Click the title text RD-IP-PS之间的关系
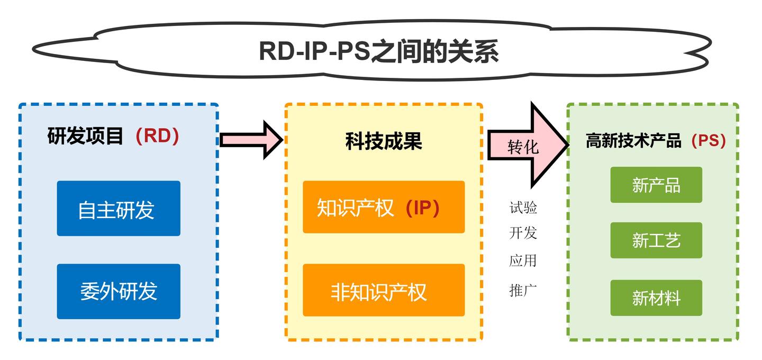[x=378, y=51]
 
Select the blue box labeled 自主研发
[x=119, y=209]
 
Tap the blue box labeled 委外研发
[x=119, y=291]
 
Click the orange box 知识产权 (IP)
[x=383, y=208]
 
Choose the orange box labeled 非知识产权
[x=383, y=291]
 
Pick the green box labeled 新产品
[x=656, y=185]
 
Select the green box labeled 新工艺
[x=656, y=240]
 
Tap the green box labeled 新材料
[x=656, y=298]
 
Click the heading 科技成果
[x=384, y=141]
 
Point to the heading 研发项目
[x=86, y=136]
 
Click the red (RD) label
[x=157, y=136]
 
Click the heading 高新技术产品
[x=633, y=141]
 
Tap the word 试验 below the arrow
[x=523, y=208]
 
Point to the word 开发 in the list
[x=523, y=233]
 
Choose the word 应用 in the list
[x=523, y=260]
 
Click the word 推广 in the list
[x=523, y=290]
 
